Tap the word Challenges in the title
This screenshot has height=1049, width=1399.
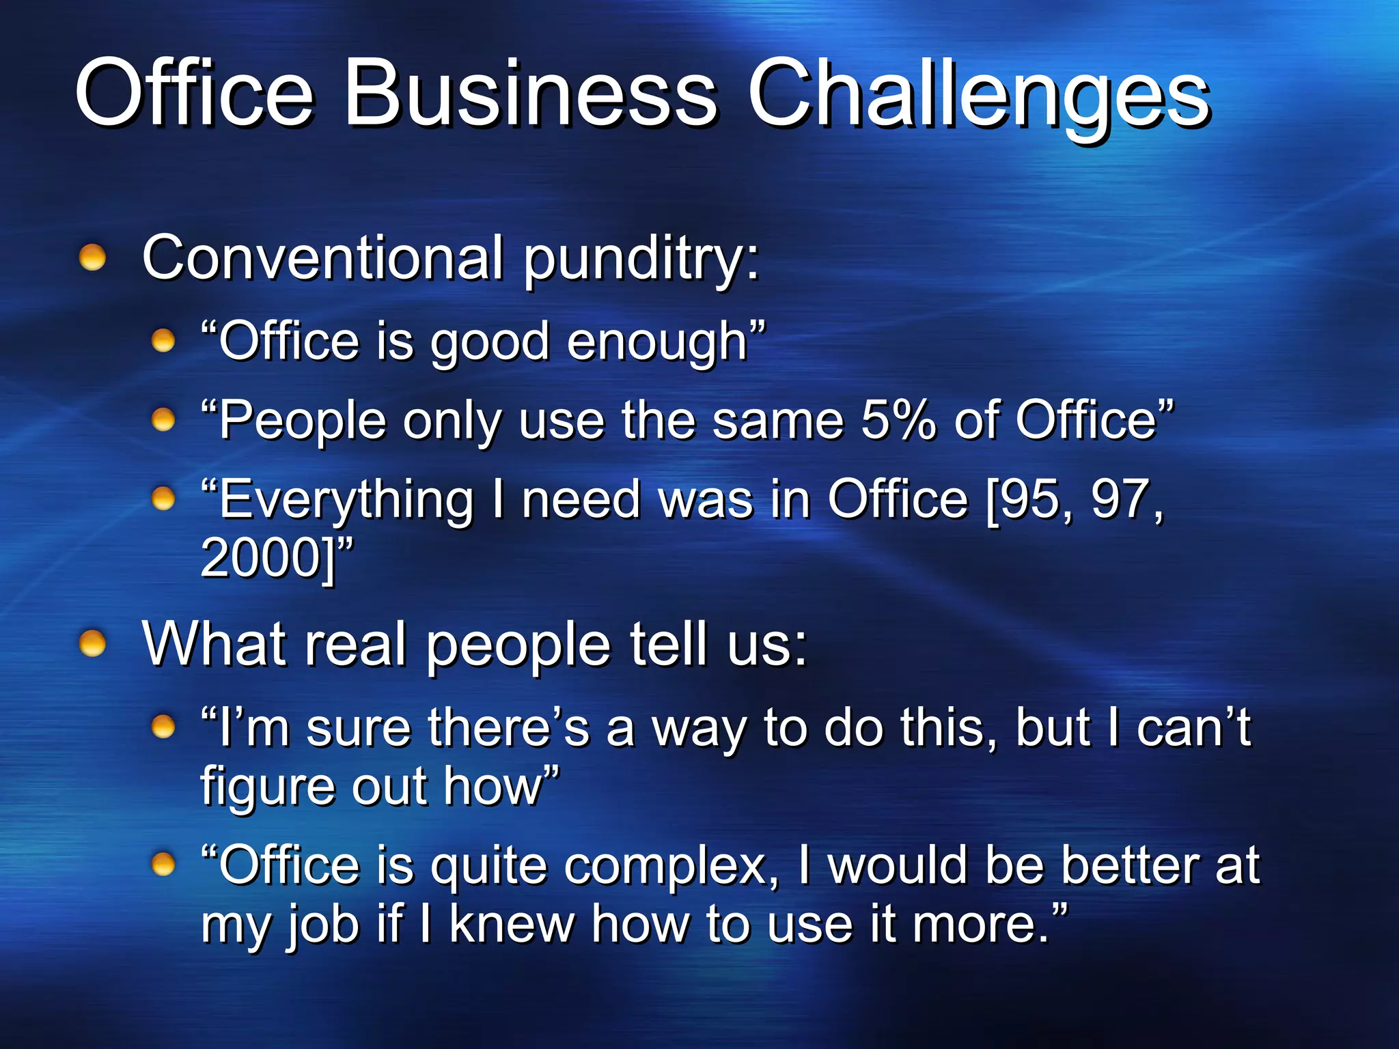[978, 96]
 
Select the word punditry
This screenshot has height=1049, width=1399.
[641, 260]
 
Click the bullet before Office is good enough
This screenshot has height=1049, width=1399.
[163, 339]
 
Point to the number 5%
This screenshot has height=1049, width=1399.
[898, 419]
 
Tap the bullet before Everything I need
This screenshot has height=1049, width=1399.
[163, 498]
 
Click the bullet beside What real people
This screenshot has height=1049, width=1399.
[92, 643]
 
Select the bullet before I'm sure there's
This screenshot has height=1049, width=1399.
[163, 727]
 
